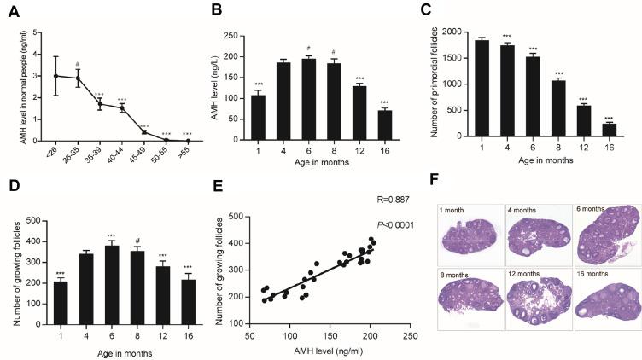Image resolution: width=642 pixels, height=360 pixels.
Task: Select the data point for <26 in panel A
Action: click(x=56, y=76)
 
